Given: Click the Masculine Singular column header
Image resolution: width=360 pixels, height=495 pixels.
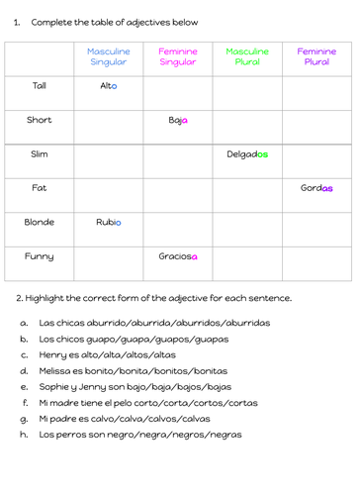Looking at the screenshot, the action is (x=109, y=56).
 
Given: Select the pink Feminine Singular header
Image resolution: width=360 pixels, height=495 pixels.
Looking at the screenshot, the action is (x=178, y=56).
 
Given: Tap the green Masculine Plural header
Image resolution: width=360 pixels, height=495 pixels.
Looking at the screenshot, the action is (x=247, y=56).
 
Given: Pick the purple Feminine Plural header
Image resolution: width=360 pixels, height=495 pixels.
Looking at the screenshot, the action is (x=316, y=56).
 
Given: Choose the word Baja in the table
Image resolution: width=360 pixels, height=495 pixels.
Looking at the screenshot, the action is (x=178, y=120).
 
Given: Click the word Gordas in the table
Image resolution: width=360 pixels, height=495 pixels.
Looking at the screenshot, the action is (x=316, y=188).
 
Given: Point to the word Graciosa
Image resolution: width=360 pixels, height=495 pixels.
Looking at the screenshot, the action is (x=178, y=256).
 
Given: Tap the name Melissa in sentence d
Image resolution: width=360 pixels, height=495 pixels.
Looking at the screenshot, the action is (x=58, y=370).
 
